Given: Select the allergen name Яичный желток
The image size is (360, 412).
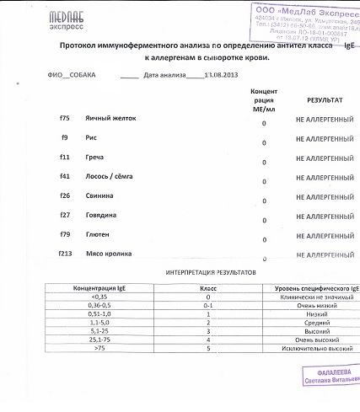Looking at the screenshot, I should click(110, 118).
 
